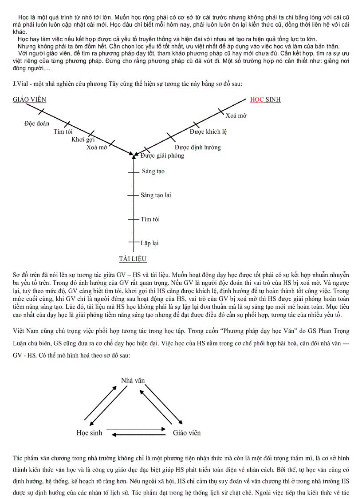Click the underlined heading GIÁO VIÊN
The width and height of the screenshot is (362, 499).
29,100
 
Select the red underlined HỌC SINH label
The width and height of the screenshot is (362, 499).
265,100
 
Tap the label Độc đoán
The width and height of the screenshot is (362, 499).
37,124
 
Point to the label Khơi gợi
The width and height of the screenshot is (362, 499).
83,140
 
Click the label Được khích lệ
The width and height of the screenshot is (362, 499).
208,132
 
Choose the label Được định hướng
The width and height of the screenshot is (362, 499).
197,147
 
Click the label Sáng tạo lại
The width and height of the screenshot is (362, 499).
156,195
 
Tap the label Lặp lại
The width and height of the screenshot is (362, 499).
150,243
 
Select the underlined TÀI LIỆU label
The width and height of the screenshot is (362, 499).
133,259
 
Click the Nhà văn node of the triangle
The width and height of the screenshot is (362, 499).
133,380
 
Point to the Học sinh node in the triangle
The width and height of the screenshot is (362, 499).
89,432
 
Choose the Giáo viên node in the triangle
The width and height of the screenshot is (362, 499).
187,432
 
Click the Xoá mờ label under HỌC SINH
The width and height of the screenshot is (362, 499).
236,116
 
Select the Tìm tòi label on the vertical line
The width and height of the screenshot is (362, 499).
150,219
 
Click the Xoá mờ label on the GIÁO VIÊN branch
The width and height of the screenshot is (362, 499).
97,148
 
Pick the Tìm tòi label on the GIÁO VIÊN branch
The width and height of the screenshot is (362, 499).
63,132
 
